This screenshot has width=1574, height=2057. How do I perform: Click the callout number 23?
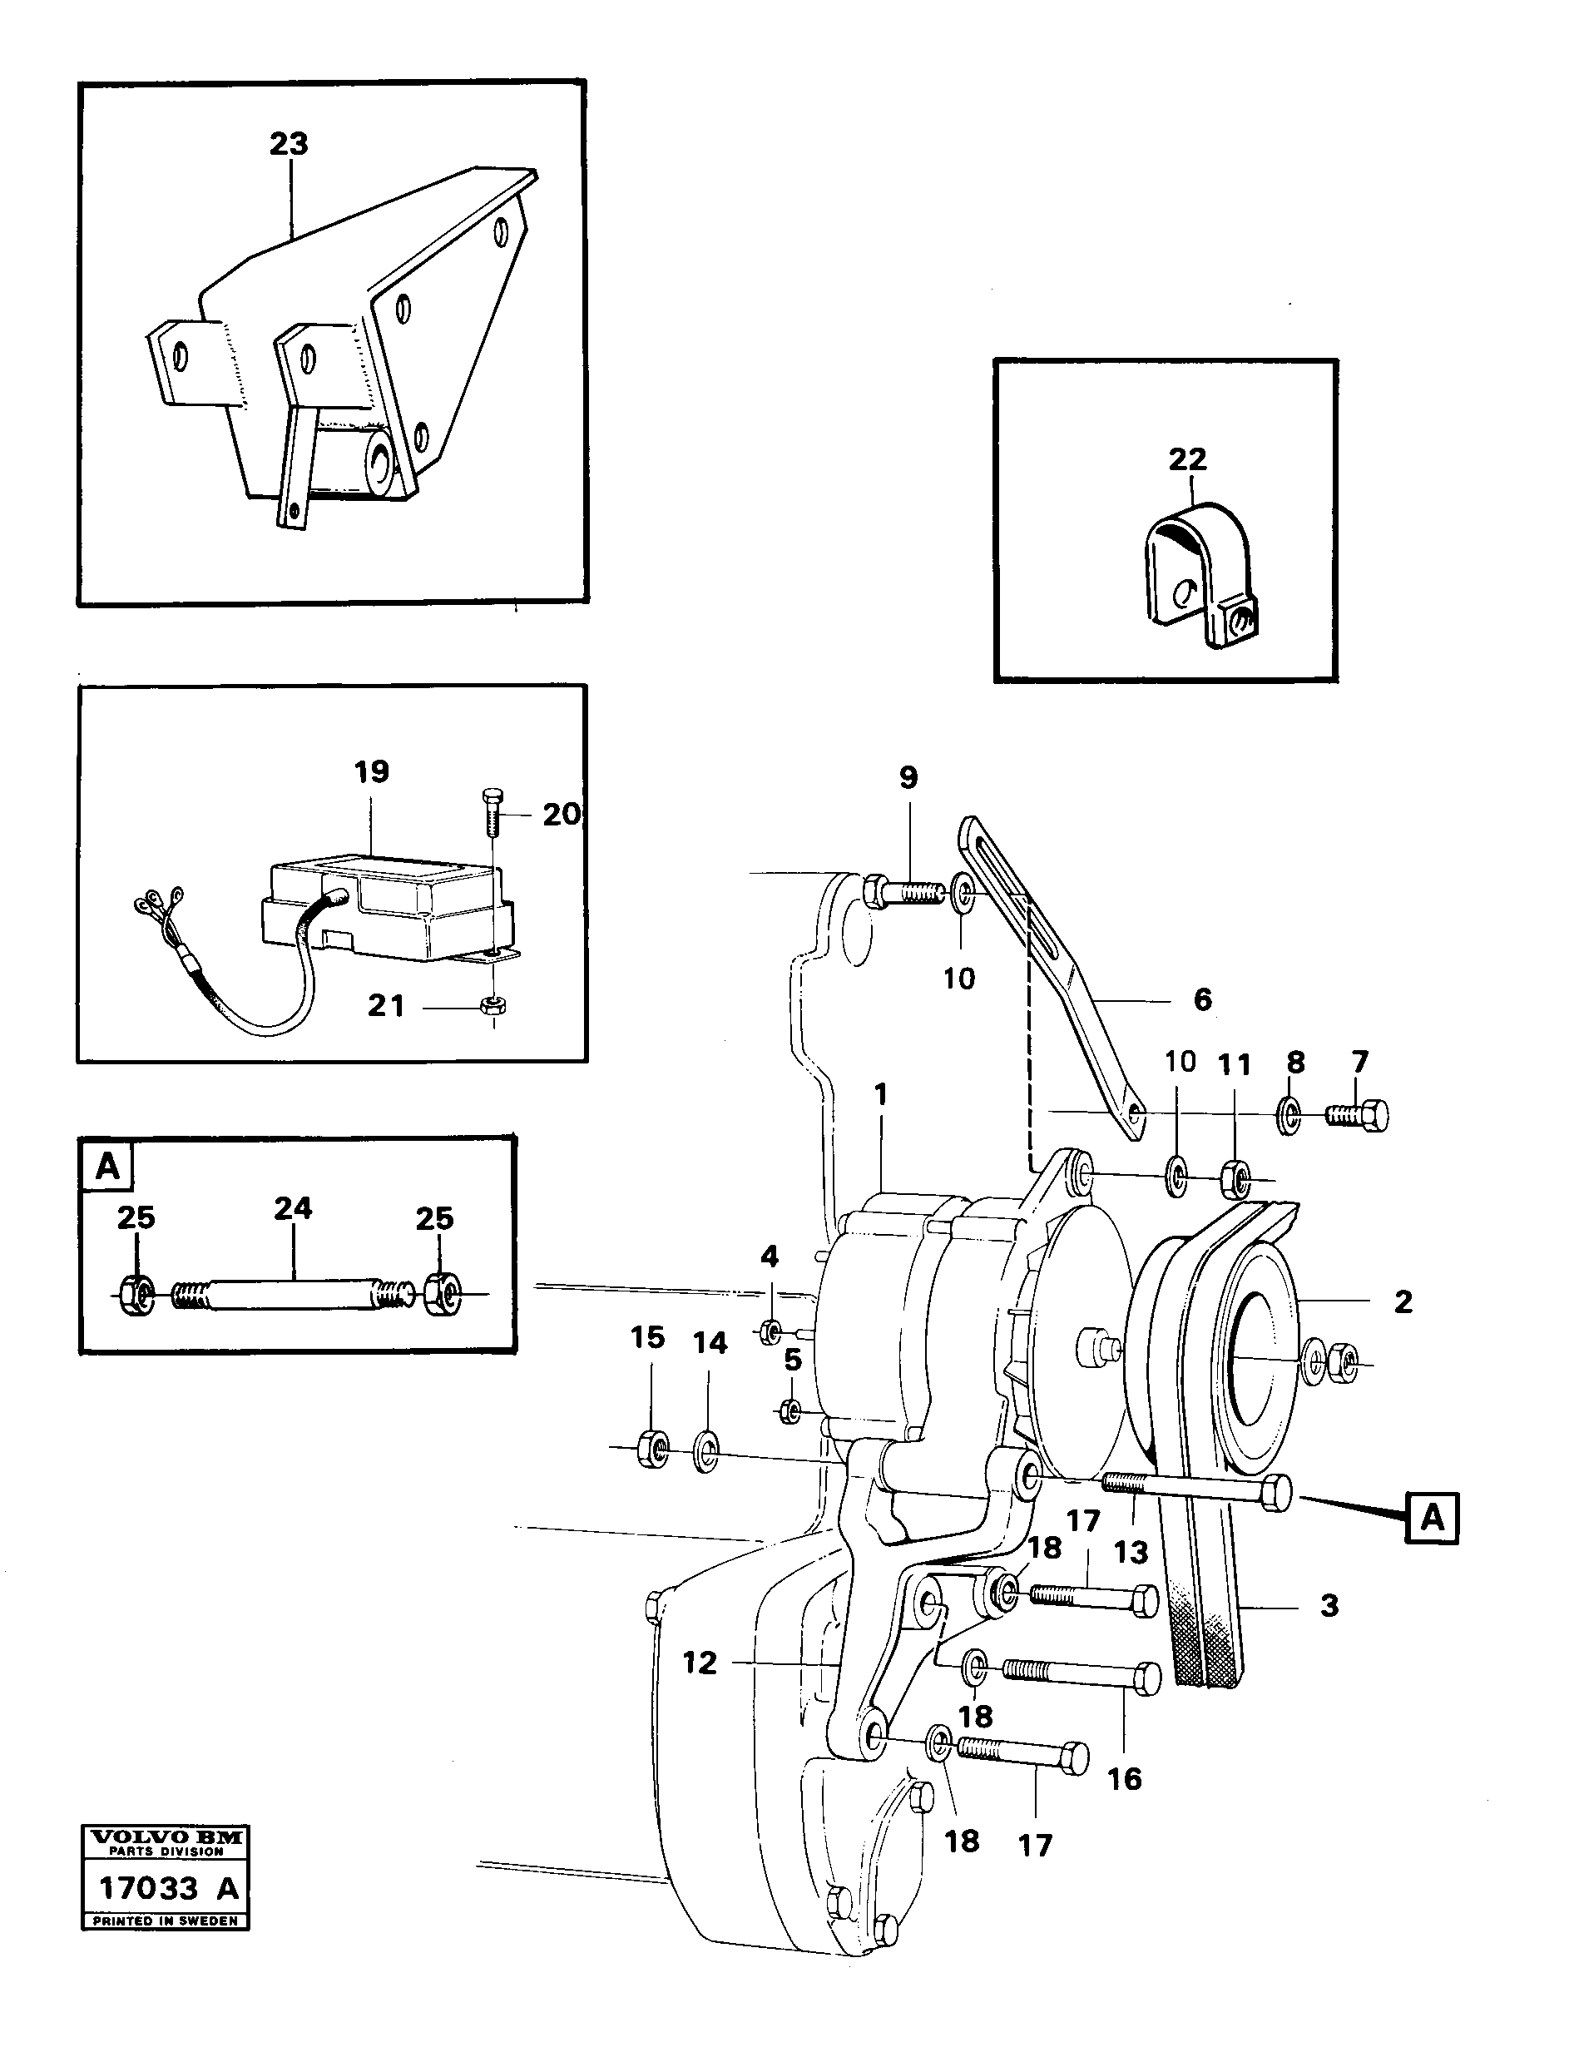(x=289, y=144)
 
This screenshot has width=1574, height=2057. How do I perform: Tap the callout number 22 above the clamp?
(x=1187, y=459)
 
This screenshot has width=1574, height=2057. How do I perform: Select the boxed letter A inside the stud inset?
(x=108, y=1167)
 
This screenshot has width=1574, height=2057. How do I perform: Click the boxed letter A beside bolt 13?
(x=1432, y=1517)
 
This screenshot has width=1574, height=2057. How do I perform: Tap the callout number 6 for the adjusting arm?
(x=1203, y=999)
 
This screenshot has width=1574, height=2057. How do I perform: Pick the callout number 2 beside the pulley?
(x=1403, y=1301)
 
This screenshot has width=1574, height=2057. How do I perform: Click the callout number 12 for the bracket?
(x=700, y=1663)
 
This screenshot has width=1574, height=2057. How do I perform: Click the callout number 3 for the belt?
(x=1329, y=1605)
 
